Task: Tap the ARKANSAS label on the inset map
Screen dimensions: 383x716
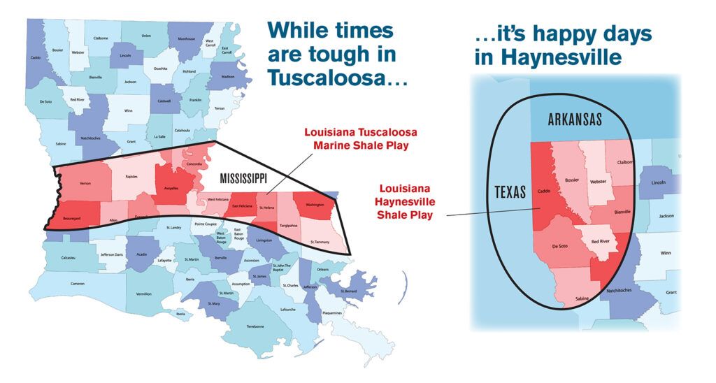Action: pyautogui.click(x=575, y=120)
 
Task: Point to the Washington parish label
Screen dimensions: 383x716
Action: pyautogui.click(x=315, y=205)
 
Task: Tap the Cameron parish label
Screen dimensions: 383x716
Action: pyautogui.click(x=78, y=283)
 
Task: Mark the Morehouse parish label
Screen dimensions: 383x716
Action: pyautogui.click(x=185, y=39)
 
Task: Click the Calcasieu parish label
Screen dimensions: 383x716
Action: pyautogui.click(x=68, y=256)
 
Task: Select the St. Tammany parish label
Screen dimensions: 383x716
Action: pyautogui.click(x=321, y=242)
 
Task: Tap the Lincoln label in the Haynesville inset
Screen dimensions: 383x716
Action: pyautogui.click(x=659, y=182)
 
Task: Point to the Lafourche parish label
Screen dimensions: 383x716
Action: pyautogui.click(x=287, y=309)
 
